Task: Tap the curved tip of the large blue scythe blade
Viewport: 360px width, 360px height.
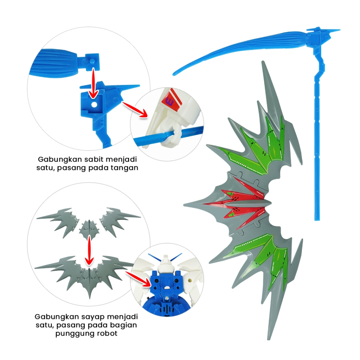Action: point(175,73)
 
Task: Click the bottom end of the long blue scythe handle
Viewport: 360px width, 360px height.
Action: point(317,218)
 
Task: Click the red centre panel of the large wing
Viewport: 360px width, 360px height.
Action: point(243,204)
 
